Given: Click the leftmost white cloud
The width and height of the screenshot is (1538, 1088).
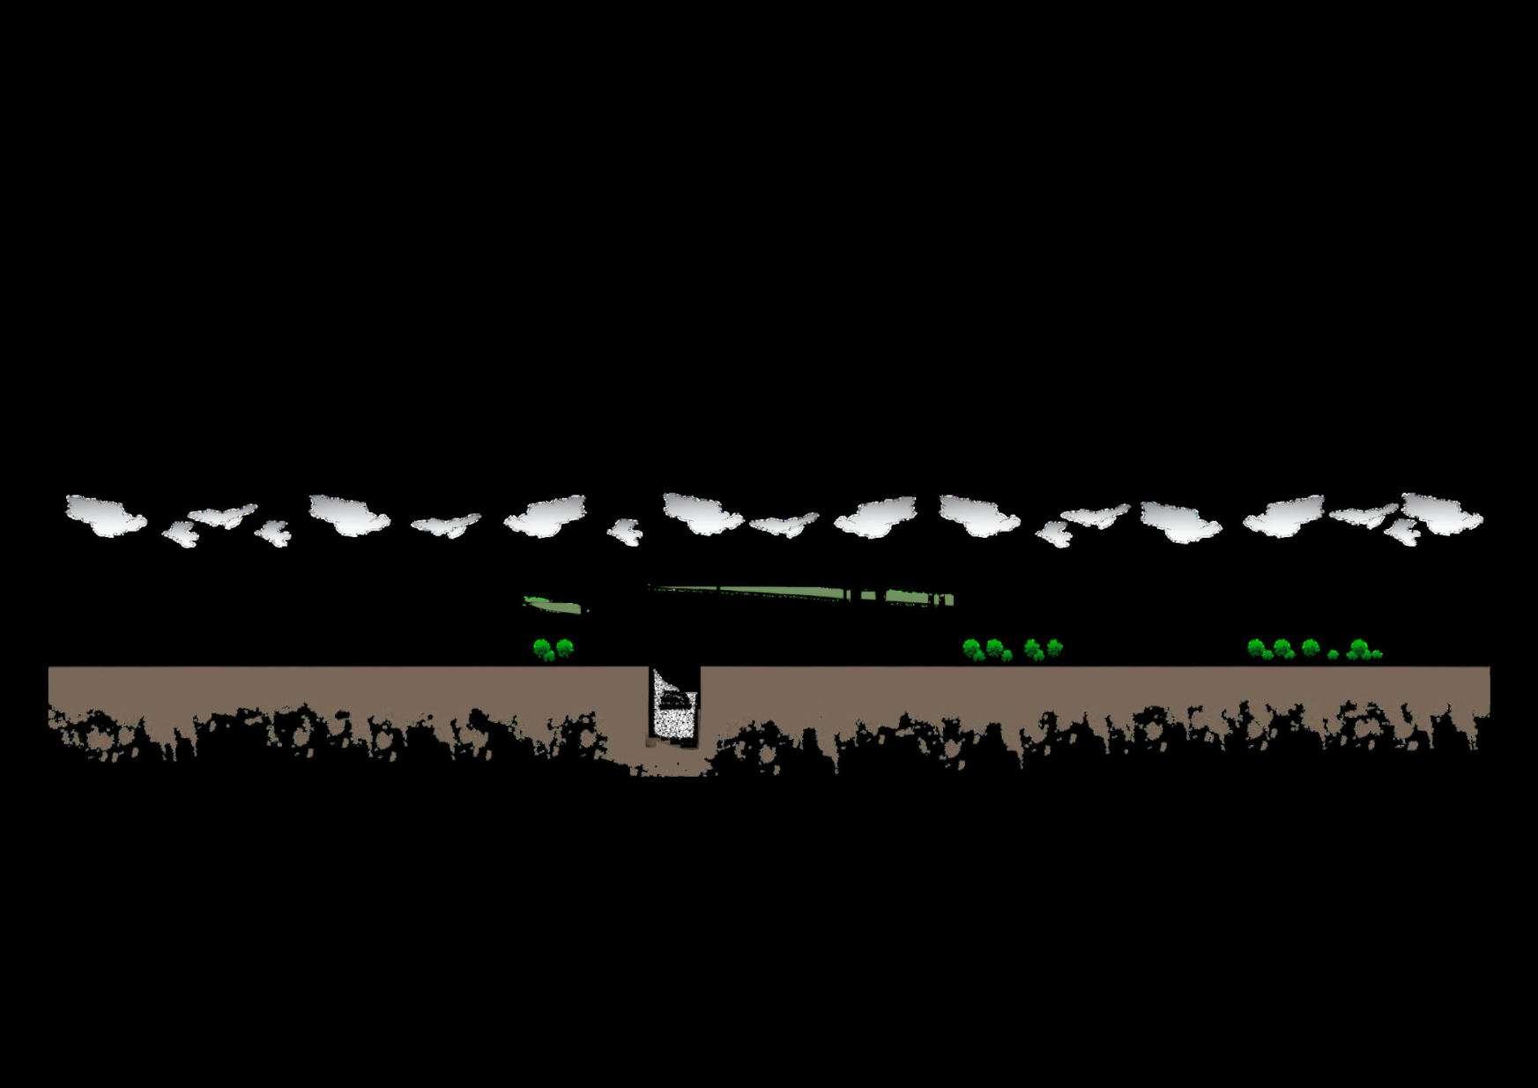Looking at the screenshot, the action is (105, 515).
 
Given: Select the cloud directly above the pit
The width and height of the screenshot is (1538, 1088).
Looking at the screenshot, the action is (702, 513).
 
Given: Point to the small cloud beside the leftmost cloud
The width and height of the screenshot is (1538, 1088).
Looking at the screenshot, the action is (182, 533).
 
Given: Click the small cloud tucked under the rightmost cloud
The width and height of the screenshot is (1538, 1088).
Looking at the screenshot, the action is (1401, 532).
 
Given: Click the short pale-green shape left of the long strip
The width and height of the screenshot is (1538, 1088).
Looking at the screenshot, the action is (554, 605).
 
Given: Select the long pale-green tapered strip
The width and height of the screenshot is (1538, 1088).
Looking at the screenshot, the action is (793, 594).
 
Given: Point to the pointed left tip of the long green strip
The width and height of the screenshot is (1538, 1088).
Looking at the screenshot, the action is (652, 587).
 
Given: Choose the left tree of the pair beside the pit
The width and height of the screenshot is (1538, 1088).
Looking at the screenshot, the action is (544, 651).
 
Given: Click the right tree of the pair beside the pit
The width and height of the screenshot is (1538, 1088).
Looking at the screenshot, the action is (564, 648).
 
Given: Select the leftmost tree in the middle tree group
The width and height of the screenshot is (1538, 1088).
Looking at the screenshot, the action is (972, 650).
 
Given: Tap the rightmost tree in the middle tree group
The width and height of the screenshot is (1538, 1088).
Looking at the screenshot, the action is (1054, 648).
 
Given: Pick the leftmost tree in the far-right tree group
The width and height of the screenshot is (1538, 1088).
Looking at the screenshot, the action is (1256, 649).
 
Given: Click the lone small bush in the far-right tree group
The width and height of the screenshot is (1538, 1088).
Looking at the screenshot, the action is (1333, 654).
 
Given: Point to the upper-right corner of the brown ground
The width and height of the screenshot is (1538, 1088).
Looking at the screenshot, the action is (1488, 669).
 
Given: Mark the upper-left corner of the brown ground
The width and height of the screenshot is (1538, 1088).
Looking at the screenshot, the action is (50, 669).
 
